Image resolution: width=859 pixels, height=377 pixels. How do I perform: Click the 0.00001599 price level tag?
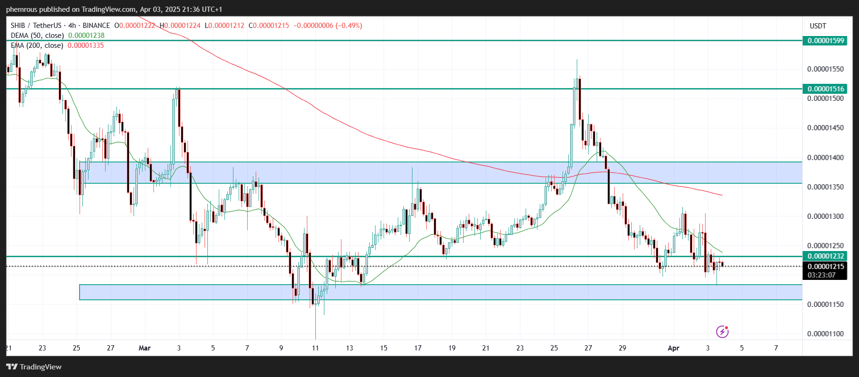825,41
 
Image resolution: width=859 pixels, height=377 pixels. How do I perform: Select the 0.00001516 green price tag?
825,89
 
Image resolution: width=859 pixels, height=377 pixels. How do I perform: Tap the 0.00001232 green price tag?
825,256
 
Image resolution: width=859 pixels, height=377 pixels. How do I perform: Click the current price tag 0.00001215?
825,267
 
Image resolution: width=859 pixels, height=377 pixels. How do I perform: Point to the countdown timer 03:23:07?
822,275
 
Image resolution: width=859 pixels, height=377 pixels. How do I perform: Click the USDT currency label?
818,26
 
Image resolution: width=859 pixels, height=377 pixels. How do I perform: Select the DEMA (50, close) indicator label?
37,36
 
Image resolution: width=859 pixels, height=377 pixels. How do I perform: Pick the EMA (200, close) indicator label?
37,45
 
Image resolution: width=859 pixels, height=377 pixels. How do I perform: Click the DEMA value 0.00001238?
86,36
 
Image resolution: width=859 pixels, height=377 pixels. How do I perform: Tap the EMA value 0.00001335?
86,45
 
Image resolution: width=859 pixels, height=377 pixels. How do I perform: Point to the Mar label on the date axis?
144,348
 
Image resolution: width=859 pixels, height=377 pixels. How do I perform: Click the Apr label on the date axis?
673,348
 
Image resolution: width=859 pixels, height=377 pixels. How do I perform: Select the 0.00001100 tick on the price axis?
825,334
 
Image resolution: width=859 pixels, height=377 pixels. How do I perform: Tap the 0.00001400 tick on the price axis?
825,158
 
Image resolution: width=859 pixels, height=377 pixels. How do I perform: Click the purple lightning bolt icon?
722,332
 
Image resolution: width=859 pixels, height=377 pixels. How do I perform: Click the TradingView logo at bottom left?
34,367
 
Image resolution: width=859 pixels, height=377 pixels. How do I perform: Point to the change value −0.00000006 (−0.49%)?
328,26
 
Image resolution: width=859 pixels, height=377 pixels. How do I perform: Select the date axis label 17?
418,348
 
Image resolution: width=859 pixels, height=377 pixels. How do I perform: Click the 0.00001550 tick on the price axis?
825,69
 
